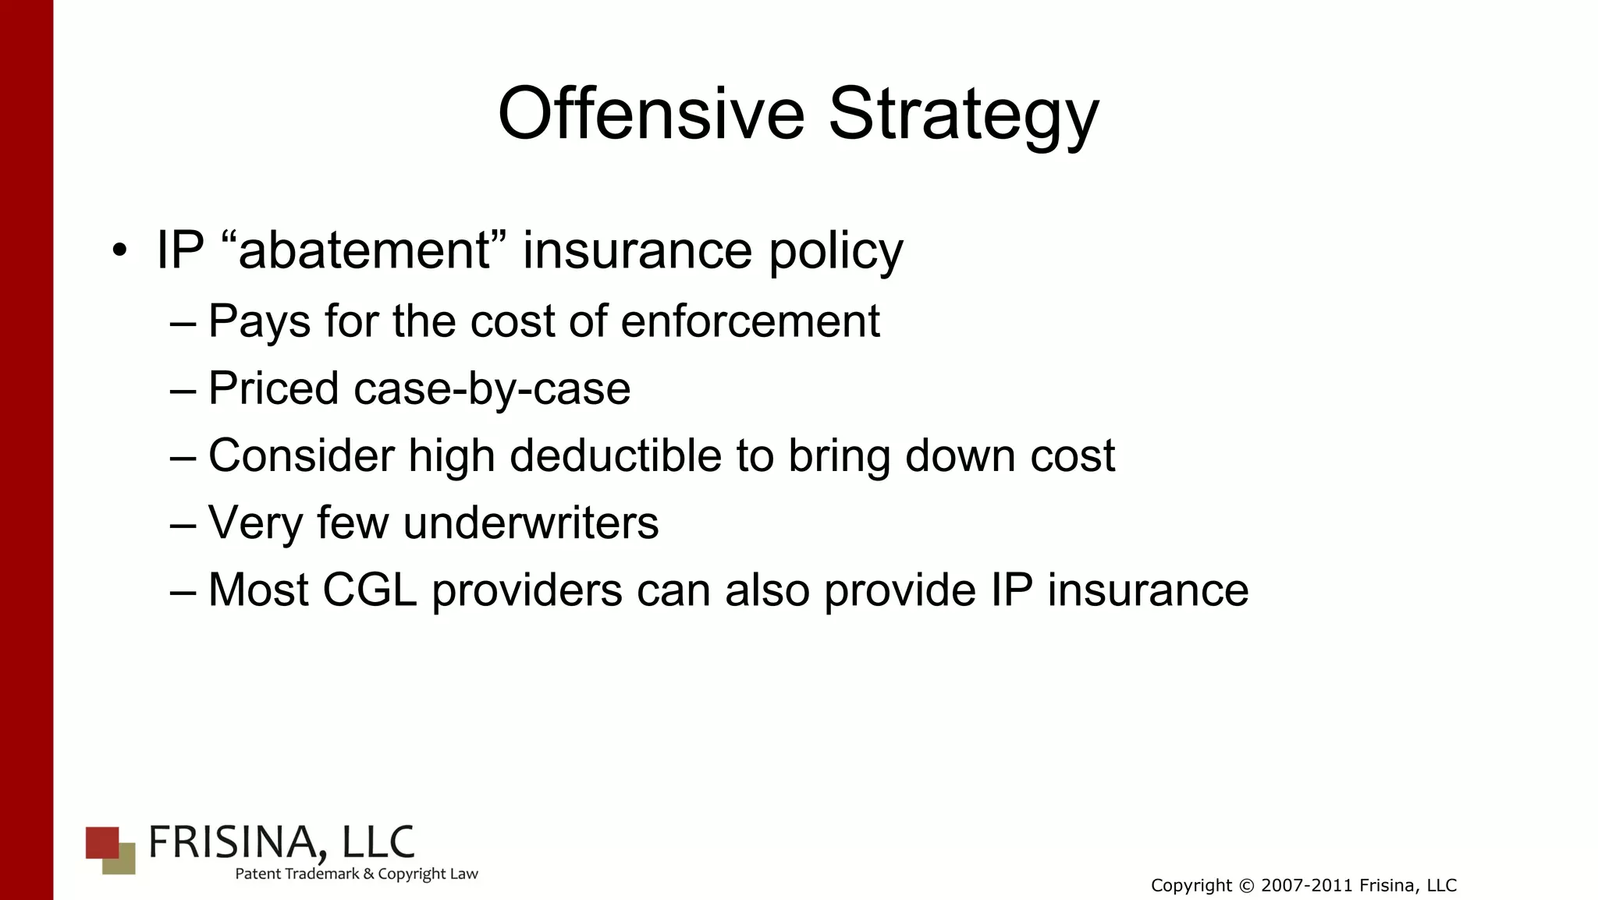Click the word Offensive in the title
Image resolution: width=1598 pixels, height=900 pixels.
click(x=651, y=114)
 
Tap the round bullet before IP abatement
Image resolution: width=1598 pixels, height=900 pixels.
click(x=119, y=251)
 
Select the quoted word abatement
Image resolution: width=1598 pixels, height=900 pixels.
click(x=365, y=250)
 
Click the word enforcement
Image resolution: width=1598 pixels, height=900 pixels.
click(x=750, y=321)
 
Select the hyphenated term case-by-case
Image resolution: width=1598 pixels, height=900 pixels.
click(x=492, y=388)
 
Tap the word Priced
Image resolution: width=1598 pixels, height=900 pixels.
click(x=273, y=388)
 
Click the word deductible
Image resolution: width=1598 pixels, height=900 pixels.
click(x=616, y=455)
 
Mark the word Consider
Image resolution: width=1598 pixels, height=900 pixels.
click(x=301, y=455)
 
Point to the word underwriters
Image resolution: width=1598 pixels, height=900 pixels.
click(x=531, y=523)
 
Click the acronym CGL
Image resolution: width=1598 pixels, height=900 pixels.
click(x=369, y=590)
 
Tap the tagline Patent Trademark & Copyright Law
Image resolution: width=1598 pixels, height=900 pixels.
click(x=357, y=874)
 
